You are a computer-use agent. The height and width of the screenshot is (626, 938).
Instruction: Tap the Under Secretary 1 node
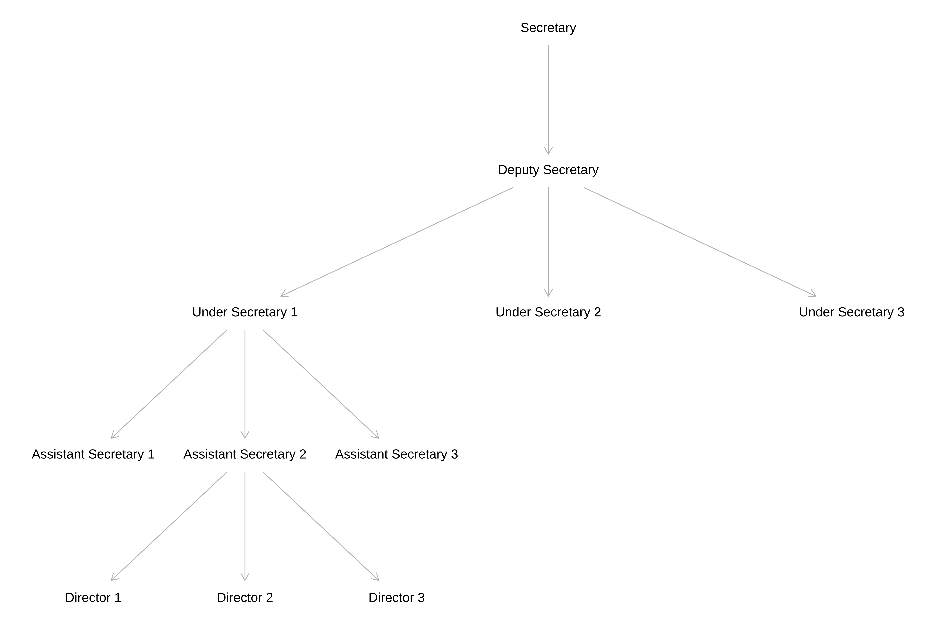click(x=245, y=312)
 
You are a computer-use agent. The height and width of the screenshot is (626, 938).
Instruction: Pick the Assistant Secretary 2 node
click(x=245, y=454)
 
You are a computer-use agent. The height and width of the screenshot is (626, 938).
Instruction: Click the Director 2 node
click(x=245, y=598)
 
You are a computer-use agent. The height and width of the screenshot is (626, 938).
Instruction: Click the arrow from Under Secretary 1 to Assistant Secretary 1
click(x=169, y=384)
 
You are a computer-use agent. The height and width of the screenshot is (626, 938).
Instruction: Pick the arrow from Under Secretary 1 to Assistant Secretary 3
click(x=321, y=384)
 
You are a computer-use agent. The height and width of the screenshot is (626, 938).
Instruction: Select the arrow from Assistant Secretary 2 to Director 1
click(x=169, y=526)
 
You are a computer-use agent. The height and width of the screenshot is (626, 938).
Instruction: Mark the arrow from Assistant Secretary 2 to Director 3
click(x=321, y=526)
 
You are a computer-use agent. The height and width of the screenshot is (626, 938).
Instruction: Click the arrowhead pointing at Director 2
click(x=245, y=577)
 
